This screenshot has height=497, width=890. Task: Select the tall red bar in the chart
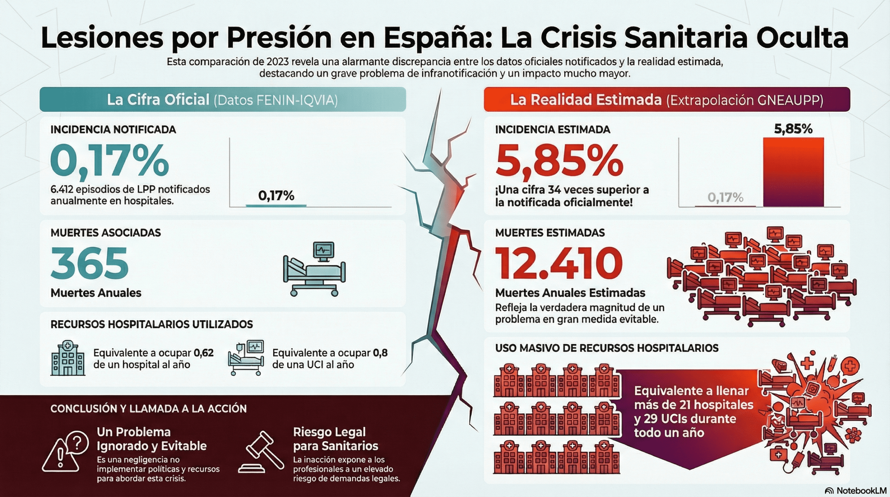pos(793,172)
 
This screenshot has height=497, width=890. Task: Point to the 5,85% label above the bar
pos(793,129)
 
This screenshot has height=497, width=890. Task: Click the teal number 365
pos(90,263)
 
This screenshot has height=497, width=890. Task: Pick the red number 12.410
pos(558,263)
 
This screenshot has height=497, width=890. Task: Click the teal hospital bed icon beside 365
pos(314,269)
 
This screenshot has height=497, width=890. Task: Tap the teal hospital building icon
pos(67,358)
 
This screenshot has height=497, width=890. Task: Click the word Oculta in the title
pos(802,38)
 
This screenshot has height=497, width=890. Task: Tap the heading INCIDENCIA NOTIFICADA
pos(113,130)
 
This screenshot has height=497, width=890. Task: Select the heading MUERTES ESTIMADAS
pos(550,233)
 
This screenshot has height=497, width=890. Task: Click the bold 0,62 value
pos(203,353)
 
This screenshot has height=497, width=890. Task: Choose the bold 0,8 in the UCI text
pos(380,353)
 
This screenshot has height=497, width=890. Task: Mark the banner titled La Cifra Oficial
pos(222,100)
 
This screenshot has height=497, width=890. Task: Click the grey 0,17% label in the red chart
pos(725,198)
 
